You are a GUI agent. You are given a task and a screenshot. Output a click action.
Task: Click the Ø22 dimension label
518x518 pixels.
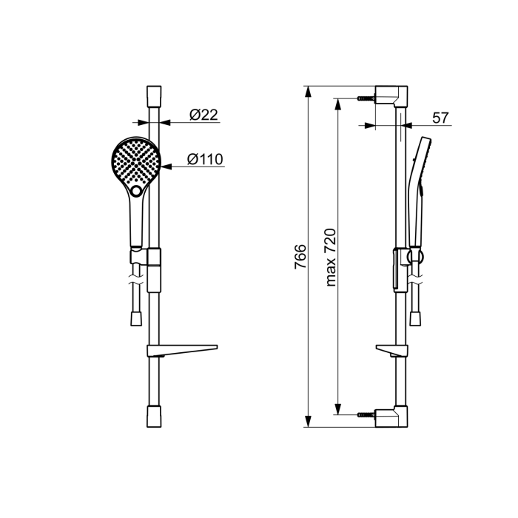(203, 115)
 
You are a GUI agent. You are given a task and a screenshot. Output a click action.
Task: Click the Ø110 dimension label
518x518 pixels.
(205, 159)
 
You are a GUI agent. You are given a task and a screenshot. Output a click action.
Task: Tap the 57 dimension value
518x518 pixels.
(441, 118)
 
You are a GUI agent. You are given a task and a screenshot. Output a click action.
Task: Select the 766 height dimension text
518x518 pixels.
(300, 257)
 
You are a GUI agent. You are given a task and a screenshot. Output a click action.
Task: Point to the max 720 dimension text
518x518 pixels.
(330, 258)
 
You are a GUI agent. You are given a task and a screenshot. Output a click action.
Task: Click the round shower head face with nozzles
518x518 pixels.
(135, 162)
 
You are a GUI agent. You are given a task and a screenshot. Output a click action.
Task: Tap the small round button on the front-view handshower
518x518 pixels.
(136, 191)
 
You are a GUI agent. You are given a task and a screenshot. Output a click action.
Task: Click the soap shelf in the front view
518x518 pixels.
(182, 351)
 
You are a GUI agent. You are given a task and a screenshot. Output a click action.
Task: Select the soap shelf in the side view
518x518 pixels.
(391, 351)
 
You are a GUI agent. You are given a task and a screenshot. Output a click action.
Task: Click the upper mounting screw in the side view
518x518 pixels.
(366, 98)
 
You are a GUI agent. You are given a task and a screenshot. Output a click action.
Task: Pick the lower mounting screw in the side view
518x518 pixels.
(366, 414)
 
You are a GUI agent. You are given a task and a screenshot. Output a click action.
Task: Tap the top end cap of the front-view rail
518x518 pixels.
(154, 95)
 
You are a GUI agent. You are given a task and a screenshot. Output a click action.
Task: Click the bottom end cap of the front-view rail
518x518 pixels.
(154, 417)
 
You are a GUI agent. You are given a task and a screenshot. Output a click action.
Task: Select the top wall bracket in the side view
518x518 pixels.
(391, 95)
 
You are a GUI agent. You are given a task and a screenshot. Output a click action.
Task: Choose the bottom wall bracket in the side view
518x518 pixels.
(391, 417)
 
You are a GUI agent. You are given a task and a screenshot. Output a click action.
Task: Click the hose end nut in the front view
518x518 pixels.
(136, 318)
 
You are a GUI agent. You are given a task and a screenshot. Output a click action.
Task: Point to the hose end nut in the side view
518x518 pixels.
(416, 318)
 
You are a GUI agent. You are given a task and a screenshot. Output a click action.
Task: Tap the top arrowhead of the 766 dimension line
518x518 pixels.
(308, 92)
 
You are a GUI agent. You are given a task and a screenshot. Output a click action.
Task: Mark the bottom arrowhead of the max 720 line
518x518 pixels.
(337, 408)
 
